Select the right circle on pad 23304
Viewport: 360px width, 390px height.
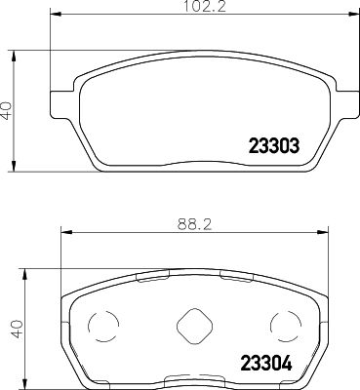(282, 326)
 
